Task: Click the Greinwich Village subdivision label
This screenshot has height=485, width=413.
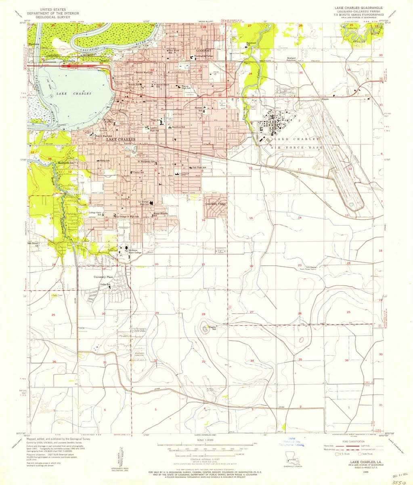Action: (214, 204)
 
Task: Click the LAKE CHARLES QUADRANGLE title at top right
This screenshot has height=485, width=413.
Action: (356, 8)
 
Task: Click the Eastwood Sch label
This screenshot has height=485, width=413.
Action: (252, 43)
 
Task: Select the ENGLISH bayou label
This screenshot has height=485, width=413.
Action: (359, 41)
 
